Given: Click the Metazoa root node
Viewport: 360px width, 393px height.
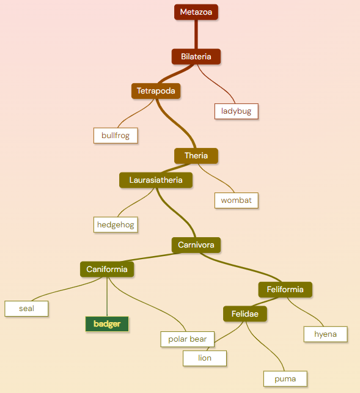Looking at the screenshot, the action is coord(196,12).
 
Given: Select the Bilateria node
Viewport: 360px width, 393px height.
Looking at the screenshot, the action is coord(196,57).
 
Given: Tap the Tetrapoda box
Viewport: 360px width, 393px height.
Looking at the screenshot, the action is coord(156,91).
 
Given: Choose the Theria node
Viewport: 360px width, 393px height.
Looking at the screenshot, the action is coord(196,156).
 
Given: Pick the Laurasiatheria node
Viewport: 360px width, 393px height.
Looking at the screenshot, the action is coord(156,180).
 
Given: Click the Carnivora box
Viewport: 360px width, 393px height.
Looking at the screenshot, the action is coord(196,245).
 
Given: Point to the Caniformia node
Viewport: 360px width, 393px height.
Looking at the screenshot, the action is coord(107,269).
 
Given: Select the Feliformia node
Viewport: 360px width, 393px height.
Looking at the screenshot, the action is coord(285,290).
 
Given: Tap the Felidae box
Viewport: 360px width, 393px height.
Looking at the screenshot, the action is coord(245,314).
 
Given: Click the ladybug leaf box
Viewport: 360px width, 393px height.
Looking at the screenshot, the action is coord(237,111).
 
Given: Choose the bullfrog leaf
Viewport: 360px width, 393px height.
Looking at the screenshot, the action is coord(116,136).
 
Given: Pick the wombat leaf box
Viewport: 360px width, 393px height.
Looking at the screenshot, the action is coord(237,200).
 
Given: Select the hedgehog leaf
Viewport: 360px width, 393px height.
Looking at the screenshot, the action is coord(116,224).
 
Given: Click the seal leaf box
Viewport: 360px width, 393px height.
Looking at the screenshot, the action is coord(26,309).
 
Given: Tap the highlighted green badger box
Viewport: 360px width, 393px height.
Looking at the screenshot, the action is coord(107,324).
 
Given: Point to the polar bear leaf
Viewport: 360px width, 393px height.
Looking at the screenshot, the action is coord(188,339).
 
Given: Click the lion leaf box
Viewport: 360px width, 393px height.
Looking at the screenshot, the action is coord(205,358).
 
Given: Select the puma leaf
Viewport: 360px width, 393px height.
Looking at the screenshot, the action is coord(285,379).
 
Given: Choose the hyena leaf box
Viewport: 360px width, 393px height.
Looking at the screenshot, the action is coord(325,334).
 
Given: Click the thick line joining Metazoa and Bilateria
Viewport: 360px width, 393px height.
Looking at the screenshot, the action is coord(196,34).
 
